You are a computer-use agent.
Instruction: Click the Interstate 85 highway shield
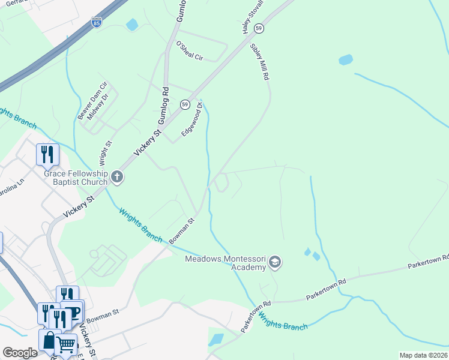[97, 23]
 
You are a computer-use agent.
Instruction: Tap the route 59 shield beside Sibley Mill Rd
[259, 28]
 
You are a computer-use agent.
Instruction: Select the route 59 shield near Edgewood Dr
[185, 104]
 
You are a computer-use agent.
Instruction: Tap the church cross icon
[117, 177]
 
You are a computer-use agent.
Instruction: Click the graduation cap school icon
[275, 262]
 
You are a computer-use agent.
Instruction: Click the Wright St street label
[105, 153]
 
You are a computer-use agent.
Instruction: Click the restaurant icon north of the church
[47, 154]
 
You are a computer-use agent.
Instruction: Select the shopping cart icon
[66, 345]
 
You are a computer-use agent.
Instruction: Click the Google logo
[20, 353]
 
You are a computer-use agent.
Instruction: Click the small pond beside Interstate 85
[131, 25]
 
